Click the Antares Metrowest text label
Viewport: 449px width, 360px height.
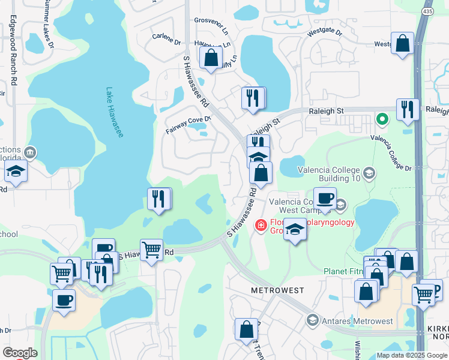tap(357, 321)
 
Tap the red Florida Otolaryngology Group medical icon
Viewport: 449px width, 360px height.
tap(261, 226)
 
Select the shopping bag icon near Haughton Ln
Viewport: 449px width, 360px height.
tap(211, 58)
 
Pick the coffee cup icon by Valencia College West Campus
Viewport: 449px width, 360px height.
tap(325, 198)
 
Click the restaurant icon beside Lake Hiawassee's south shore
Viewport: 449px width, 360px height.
tap(159, 199)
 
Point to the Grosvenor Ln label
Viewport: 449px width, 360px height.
tap(211, 25)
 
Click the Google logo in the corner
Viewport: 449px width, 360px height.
tap(19, 352)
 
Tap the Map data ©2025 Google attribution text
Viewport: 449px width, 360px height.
tap(411, 355)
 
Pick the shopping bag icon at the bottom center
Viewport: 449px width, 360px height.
tap(246, 329)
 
